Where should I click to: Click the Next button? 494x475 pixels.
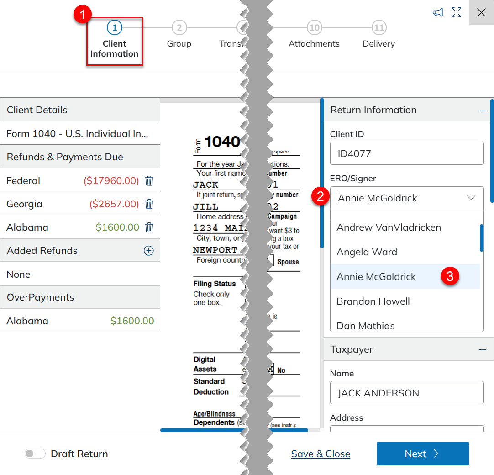pos(422,454)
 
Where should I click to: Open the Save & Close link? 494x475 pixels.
pos(321,454)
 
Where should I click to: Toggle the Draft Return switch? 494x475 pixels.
pos(35,454)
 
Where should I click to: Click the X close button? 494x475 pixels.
pos(481,12)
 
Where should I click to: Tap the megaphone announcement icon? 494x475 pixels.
pos(438,12)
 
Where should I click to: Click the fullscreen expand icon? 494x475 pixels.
pos(456,12)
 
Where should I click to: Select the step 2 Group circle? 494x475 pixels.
pos(179,28)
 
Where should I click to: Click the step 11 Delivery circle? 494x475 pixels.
pos(378,28)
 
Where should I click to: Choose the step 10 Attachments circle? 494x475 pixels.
pos(314,28)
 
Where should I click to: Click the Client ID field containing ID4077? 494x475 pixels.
pos(406,153)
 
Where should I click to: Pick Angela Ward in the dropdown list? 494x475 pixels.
pos(367,252)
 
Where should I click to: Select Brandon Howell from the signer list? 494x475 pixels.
pos(373,301)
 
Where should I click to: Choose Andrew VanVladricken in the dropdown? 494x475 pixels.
pos(389,227)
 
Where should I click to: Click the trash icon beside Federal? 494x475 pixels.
pos(149,181)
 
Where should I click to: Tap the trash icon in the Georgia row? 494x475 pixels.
pos(149,204)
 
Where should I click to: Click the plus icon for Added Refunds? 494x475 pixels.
pos(149,251)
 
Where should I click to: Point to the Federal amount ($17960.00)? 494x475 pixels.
pos(111,181)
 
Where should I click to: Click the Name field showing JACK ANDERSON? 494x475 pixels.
pos(406,393)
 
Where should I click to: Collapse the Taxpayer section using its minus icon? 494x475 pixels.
pos(482,349)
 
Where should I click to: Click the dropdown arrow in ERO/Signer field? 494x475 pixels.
pos(471,198)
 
